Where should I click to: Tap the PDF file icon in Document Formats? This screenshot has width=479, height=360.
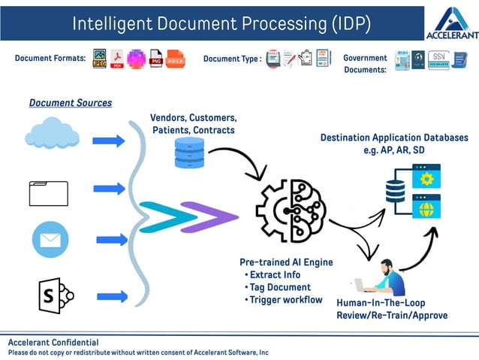pyautogui.click(x=117, y=59)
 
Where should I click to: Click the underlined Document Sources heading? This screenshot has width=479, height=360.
pyautogui.click(x=71, y=102)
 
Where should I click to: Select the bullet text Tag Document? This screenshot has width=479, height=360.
pyautogui.click(x=280, y=287)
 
